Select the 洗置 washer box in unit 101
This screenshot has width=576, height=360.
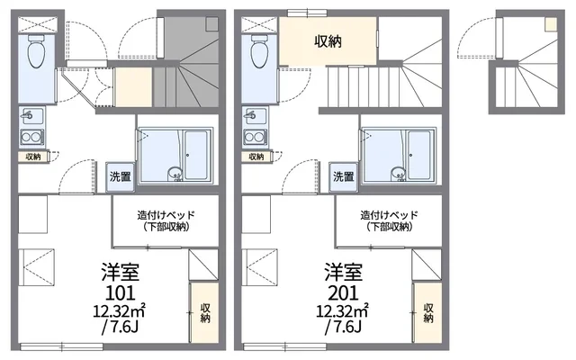[120, 176]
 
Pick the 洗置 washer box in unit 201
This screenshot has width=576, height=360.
[344, 176]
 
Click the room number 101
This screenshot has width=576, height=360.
[120, 292]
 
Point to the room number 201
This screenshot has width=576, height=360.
[343, 292]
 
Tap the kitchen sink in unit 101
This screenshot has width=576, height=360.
[32, 116]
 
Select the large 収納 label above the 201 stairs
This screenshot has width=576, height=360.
[328, 41]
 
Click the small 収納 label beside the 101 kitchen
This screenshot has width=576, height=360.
[33, 157]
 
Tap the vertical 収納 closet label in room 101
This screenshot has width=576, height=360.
[205, 313]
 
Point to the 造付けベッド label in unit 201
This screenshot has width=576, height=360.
[390, 215]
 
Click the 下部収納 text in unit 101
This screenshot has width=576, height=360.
[166, 227]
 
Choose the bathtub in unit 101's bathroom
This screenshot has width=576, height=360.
[196, 155]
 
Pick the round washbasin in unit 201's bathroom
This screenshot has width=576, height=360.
[398, 173]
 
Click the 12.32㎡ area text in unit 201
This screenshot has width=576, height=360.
[343, 311]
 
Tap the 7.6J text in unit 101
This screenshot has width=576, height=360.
[120, 327]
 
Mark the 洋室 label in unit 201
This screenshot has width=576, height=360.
[343, 272]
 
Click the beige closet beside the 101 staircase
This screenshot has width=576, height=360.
[133, 88]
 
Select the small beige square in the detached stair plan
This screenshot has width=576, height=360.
[550, 24]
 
